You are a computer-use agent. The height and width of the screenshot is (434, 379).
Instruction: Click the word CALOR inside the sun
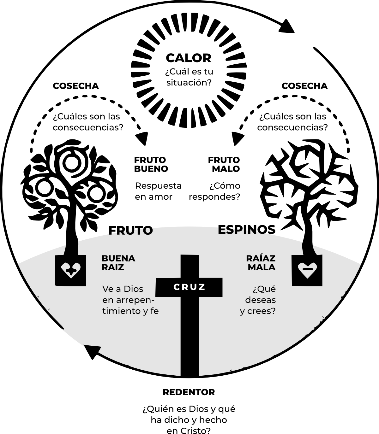[x=189, y=58]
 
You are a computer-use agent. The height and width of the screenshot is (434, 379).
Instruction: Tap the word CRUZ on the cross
[x=189, y=287]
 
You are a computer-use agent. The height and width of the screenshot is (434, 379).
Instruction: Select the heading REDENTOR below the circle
[x=189, y=392]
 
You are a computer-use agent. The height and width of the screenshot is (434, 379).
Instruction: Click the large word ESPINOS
[x=247, y=230]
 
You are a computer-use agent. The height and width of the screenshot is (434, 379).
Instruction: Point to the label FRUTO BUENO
[x=151, y=164]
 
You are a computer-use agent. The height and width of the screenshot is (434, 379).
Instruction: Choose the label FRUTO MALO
[x=224, y=164]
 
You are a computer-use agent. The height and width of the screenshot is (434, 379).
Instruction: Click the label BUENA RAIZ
[x=118, y=263]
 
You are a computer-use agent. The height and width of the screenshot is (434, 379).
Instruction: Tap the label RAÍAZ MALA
[x=261, y=263]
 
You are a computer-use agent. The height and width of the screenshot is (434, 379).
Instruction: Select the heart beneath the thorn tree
[x=307, y=270]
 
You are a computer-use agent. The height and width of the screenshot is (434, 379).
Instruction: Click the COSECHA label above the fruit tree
[x=76, y=86]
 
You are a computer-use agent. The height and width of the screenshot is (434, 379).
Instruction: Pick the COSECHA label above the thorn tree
[x=304, y=86]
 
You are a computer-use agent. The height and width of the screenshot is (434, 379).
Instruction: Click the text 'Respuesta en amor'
[x=158, y=191]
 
